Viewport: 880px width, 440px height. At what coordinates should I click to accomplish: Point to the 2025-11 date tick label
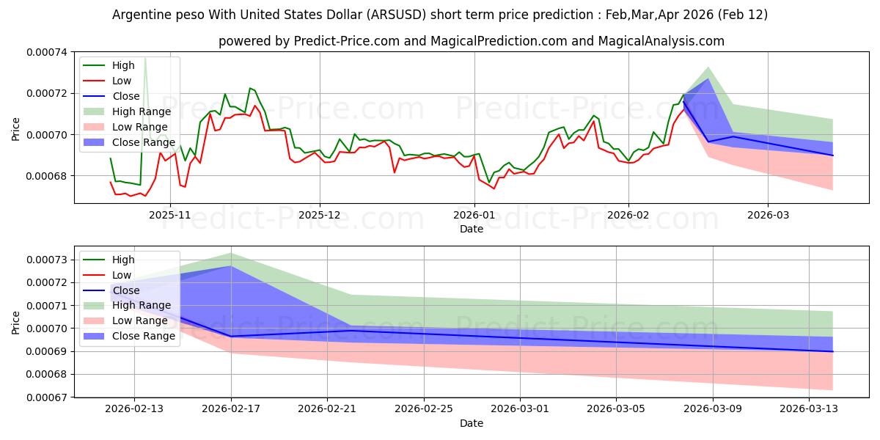click(170, 215)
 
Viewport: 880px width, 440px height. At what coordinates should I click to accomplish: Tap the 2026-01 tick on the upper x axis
click(474, 215)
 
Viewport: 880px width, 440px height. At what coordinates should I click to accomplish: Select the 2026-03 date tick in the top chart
click(768, 215)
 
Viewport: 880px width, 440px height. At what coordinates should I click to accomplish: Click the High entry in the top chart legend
click(123, 65)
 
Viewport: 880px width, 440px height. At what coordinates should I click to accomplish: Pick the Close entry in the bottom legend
click(126, 290)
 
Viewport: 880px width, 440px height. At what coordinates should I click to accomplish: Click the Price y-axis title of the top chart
click(16, 129)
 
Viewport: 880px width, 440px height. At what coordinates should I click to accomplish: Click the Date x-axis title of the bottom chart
click(472, 423)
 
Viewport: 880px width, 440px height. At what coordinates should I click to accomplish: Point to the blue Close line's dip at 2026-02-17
click(231, 337)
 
